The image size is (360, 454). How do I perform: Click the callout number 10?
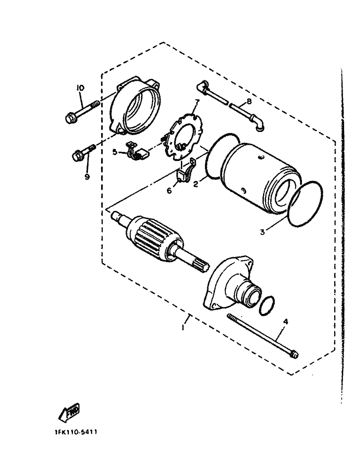[x=80, y=88]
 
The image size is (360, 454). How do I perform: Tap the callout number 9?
[x=87, y=176]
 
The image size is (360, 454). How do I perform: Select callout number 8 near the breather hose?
[x=249, y=101]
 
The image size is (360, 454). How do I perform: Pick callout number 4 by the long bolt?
[x=286, y=322]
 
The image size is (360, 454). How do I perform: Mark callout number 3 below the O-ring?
[x=263, y=232]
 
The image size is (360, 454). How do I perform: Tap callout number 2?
[x=195, y=184]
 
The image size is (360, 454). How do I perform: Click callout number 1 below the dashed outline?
[x=183, y=327]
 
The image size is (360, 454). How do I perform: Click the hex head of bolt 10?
[x=69, y=118]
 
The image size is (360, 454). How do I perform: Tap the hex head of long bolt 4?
[x=294, y=354]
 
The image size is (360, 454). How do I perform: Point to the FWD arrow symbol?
[x=69, y=411]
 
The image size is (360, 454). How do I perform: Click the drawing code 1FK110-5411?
[x=76, y=432]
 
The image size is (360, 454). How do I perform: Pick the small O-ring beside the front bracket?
[x=266, y=306]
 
